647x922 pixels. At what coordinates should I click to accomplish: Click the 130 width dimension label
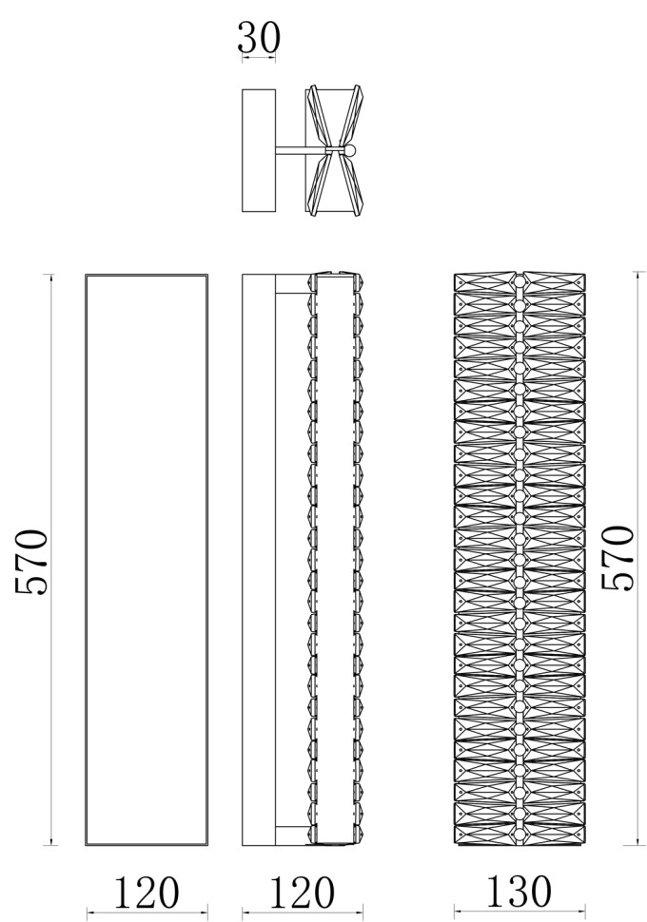tap(520, 892)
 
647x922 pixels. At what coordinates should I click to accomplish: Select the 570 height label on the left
tap(31, 563)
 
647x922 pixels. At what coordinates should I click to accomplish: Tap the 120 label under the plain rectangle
tap(146, 893)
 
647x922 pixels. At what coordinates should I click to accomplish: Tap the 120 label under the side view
tap(302, 893)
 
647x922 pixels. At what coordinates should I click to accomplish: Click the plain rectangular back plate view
tap(147, 560)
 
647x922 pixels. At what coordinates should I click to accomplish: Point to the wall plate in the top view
tap(259, 150)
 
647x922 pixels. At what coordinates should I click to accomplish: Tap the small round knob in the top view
tap(350, 151)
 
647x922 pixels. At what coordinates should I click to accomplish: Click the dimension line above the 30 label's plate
tap(259, 58)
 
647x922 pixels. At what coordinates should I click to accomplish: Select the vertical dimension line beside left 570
tap(51, 560)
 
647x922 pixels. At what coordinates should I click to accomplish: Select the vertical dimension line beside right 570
tap(638, 559)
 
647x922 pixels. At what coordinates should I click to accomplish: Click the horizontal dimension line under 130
tap(520, 912)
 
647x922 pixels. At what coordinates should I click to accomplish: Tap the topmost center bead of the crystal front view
tap(520, 281)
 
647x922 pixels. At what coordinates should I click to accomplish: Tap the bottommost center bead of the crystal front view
tap(520, 835)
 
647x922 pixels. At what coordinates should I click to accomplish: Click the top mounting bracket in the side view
tap(293, 284)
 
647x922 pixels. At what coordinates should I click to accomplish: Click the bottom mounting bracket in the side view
tap(293, 836)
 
